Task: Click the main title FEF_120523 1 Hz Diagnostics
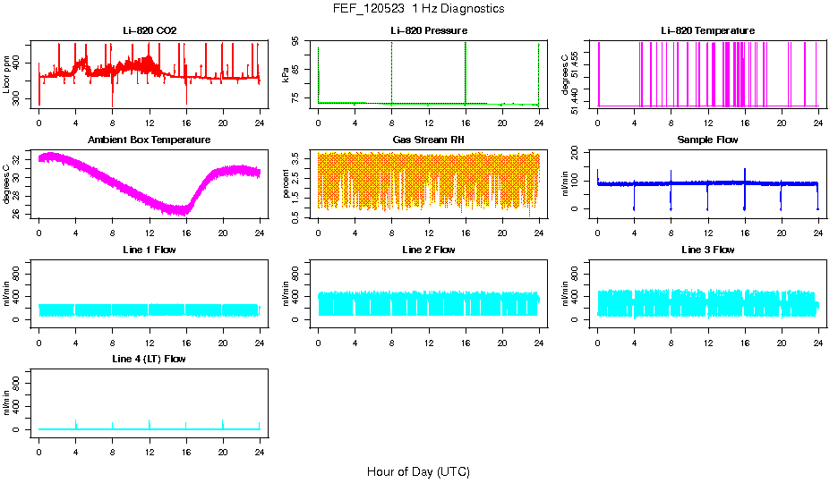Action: tap(418, 9)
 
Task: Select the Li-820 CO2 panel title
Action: tap(150, 31)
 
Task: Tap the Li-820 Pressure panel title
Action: tap(428, 31)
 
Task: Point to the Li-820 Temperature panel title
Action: tap(707, 31)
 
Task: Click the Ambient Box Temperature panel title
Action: tap(150, 140)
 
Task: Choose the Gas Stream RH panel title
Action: tap(428, 140)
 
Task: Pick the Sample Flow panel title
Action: tap(707, 140)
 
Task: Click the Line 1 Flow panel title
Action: tap(150, 250)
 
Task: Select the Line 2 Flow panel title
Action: tap(428, 250)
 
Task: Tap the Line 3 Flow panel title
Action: tap(707, 250)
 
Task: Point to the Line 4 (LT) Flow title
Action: tap(150, 359)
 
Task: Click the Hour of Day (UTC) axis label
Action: tap(418, 471)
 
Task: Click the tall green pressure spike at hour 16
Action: tap(466, 72)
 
